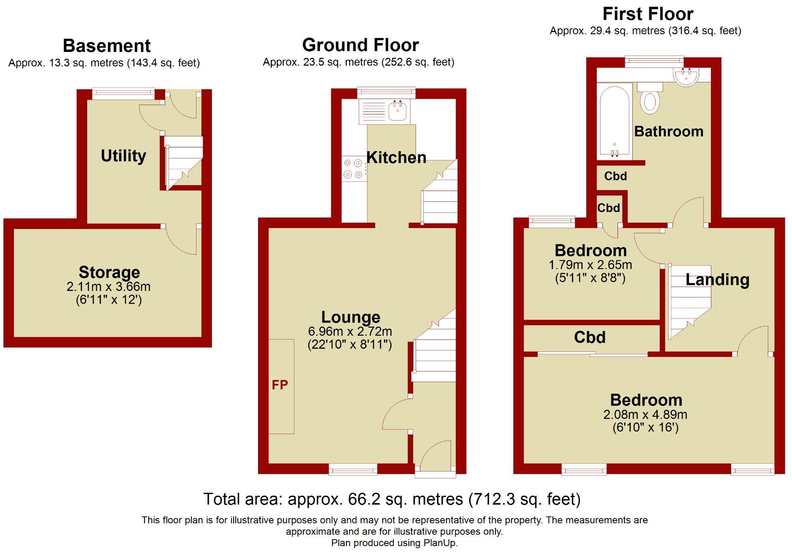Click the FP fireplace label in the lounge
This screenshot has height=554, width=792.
[280, 385]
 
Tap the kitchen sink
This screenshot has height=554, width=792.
[397, 111]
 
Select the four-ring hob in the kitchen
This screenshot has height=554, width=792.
[353, 168]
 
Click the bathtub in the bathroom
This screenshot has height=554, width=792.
[614, 121]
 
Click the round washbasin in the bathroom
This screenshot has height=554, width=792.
[686, 77]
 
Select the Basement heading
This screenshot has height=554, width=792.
[106, 46]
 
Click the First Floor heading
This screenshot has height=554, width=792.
[648, 14]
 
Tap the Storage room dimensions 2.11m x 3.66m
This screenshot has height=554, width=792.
[109, 287]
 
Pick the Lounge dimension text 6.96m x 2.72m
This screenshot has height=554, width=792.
[350, 331]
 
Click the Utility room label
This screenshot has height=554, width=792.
[123, 156]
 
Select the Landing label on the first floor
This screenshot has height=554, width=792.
[717, 280]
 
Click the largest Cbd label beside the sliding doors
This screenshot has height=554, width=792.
[590, 337]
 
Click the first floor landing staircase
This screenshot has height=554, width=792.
[689, 302]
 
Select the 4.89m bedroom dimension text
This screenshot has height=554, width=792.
[645, 415]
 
